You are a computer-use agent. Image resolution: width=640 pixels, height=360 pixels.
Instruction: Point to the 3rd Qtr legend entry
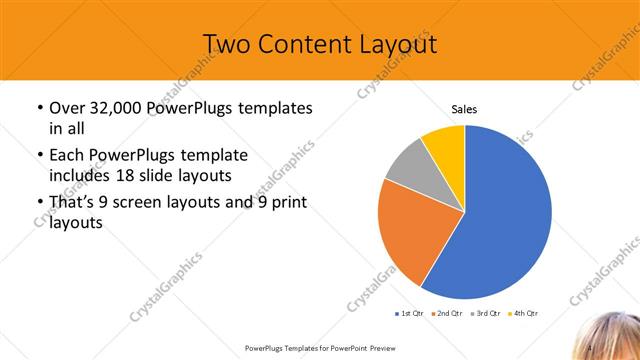click(x=485, y=314)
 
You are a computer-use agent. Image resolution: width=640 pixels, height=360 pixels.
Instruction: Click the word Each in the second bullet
click(x=68, y=155)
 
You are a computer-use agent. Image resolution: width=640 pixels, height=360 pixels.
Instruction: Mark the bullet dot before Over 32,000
click(x=38, y=108)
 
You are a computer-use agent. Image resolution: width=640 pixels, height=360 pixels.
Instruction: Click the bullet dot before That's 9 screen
click(x=38, y=203)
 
